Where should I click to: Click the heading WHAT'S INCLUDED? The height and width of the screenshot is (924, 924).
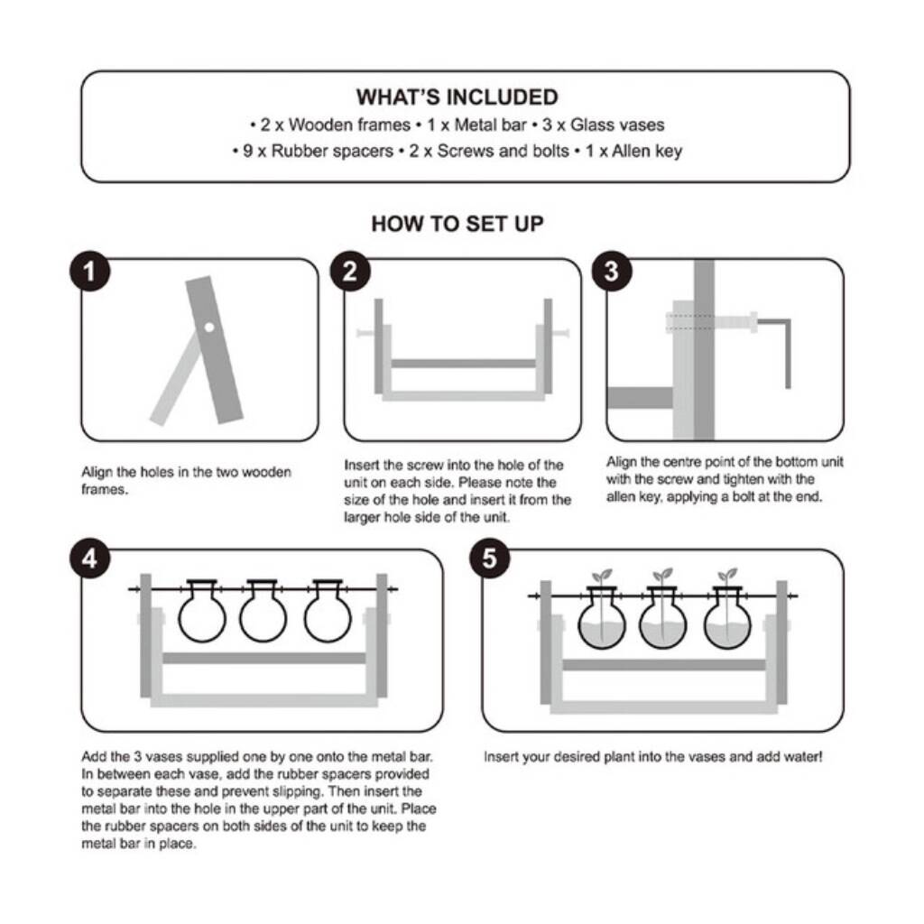[457, 97]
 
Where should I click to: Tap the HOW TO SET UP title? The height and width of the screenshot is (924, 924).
[457, 224]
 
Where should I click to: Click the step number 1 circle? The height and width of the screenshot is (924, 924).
[89, 271]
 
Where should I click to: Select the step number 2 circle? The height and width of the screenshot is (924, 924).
[350, 271]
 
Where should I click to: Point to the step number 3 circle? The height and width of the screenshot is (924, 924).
[612, 271]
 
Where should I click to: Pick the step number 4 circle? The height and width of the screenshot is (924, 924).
[89, 558]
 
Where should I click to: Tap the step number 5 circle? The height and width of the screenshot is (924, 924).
[489, 558]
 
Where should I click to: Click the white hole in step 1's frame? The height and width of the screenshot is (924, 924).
[209, 327]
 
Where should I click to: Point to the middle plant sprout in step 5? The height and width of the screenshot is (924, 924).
[662, 575]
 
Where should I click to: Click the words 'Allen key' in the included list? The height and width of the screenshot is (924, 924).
[647, 152]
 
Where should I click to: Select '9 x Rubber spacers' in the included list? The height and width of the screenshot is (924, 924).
[319, 152]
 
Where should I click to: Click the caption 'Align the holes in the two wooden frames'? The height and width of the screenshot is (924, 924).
[186, 481]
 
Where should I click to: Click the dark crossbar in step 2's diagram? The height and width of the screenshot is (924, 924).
[463, 364]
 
